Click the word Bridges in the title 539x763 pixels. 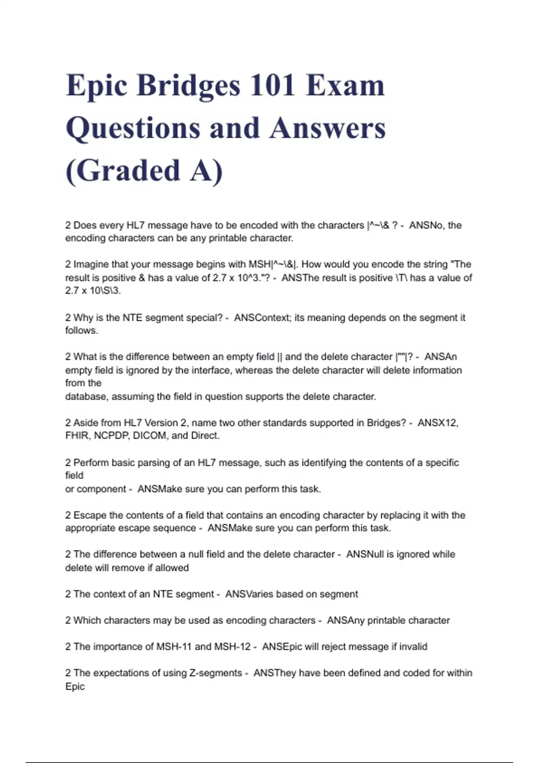tap(188, 85)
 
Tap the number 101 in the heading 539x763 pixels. tap(272, 85)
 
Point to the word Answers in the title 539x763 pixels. tap(327, 128)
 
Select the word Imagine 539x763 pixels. tap(91, 264)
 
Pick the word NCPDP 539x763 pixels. tap(111, 436)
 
